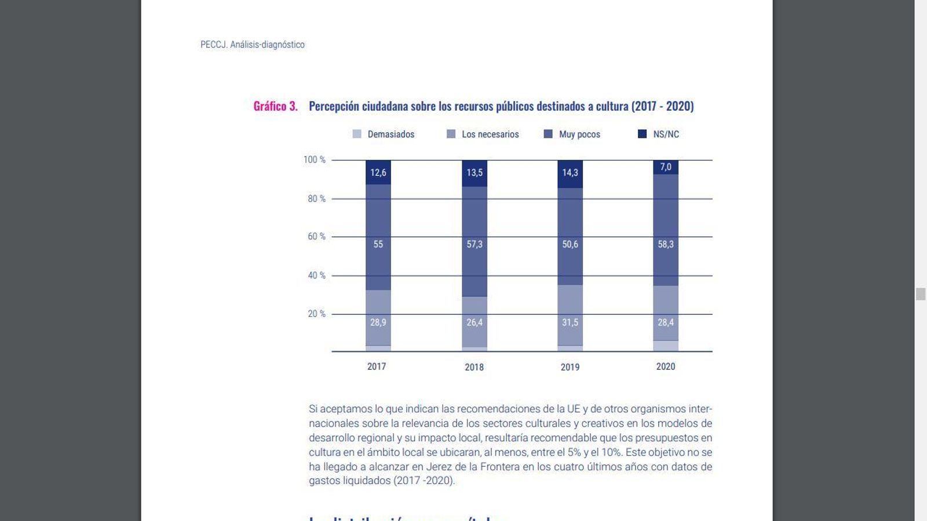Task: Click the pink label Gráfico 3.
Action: coord(275,107)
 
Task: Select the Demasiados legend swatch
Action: coord(357,134)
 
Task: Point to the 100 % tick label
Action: coord(315,160)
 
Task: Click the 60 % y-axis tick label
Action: coord(316,237)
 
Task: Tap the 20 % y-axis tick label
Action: coord(316,314)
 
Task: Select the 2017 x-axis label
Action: coord(377,366)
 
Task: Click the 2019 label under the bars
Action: coord(570,367)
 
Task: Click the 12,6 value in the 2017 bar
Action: coord(378,173)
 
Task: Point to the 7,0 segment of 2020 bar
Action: coord(666,167)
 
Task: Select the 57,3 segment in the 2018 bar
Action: coord(475,244)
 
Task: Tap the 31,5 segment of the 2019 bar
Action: coord(570,322)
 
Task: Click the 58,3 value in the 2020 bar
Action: coord(666,244)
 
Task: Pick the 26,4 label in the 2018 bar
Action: coord(475,322)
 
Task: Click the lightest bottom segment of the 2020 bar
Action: coord(666,346)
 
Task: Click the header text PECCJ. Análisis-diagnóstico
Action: coord(253,45)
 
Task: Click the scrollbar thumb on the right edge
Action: coord(921,294)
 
